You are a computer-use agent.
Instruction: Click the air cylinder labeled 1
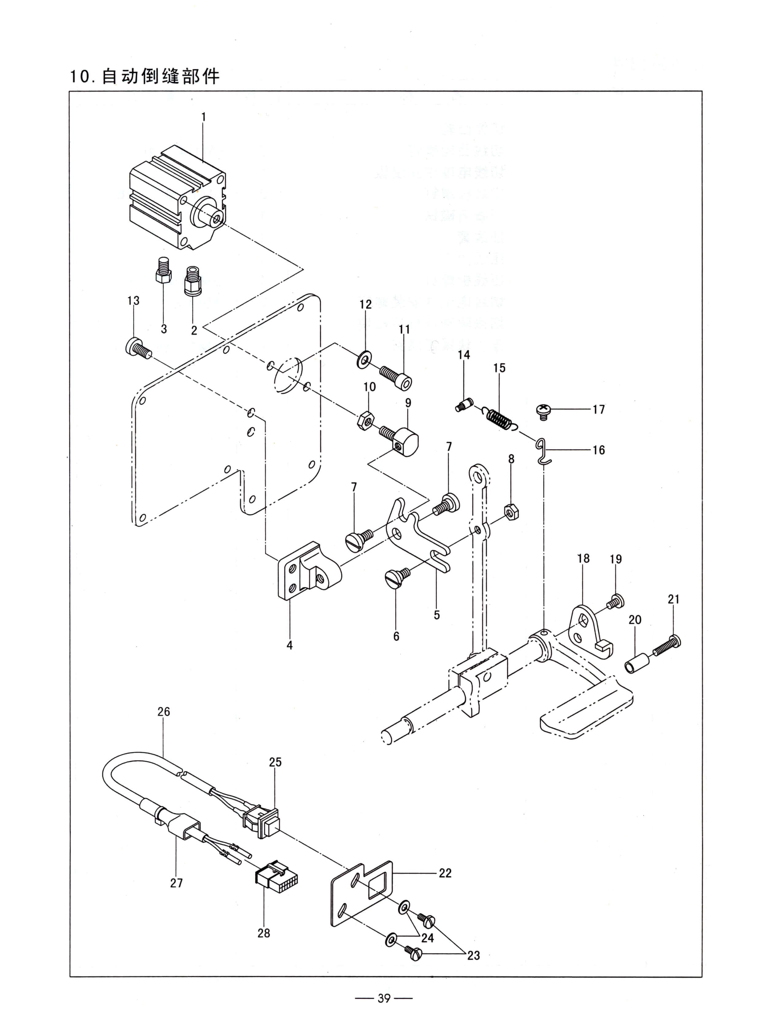[177, 198]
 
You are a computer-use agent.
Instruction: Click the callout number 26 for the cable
[164, 712]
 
